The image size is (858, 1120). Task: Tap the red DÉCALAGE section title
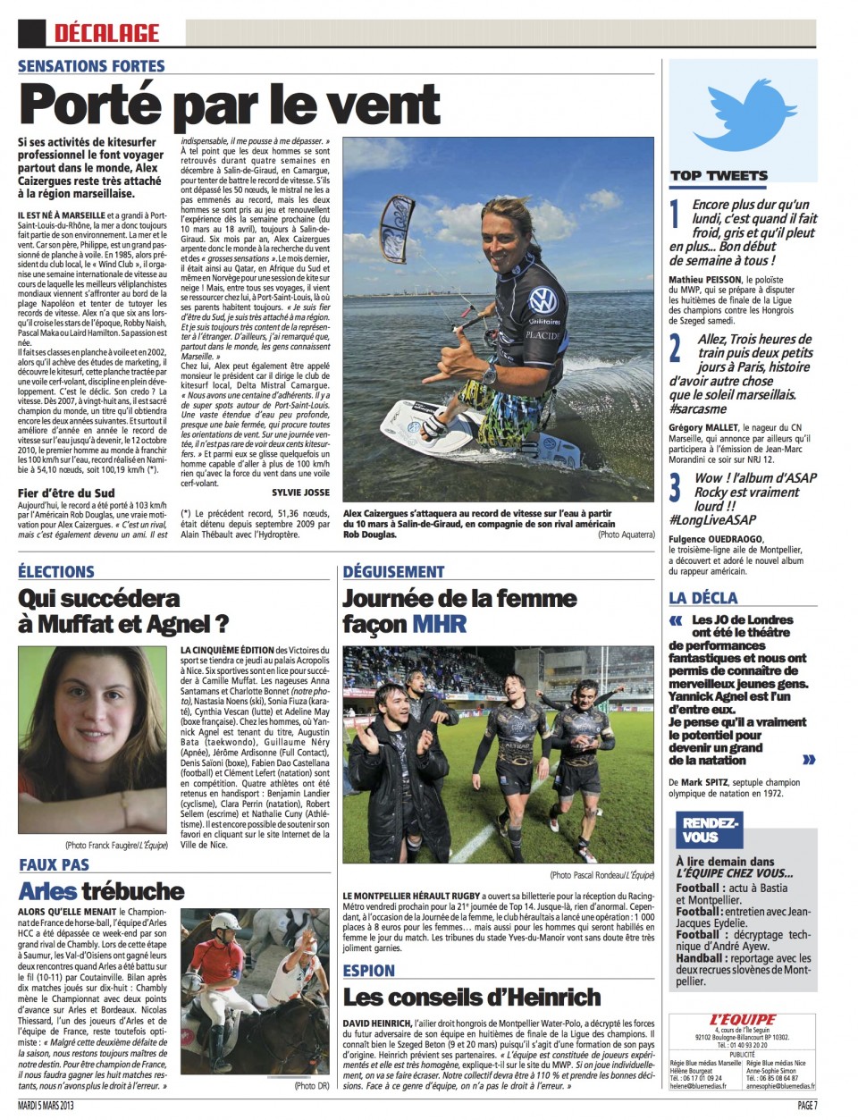106,33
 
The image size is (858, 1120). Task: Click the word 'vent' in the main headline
383,105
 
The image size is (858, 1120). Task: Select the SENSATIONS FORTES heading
91,65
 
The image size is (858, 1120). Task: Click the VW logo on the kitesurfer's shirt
542,299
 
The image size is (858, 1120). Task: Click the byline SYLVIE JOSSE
300,493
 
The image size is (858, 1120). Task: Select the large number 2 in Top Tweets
676,347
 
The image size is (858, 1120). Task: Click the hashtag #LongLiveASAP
712,520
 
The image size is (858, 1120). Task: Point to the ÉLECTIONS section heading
55,572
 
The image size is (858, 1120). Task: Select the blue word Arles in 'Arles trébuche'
47,891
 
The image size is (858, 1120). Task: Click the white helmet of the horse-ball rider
227,922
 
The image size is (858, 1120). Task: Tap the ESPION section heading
368,971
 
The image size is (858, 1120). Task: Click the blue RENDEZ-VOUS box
709,829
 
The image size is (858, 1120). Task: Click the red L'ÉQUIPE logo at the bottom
742,1020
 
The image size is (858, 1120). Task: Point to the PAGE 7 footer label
806,1106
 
